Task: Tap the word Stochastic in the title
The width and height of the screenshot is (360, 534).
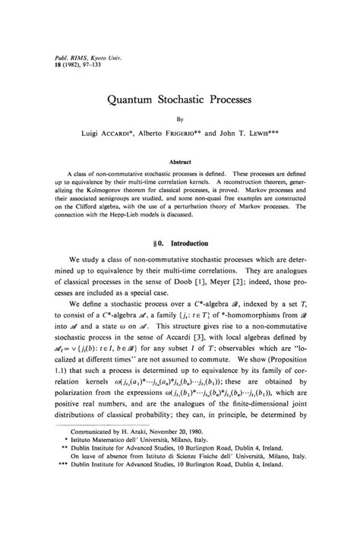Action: pos(191,99)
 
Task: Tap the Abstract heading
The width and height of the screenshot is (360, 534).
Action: pos(180,162)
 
